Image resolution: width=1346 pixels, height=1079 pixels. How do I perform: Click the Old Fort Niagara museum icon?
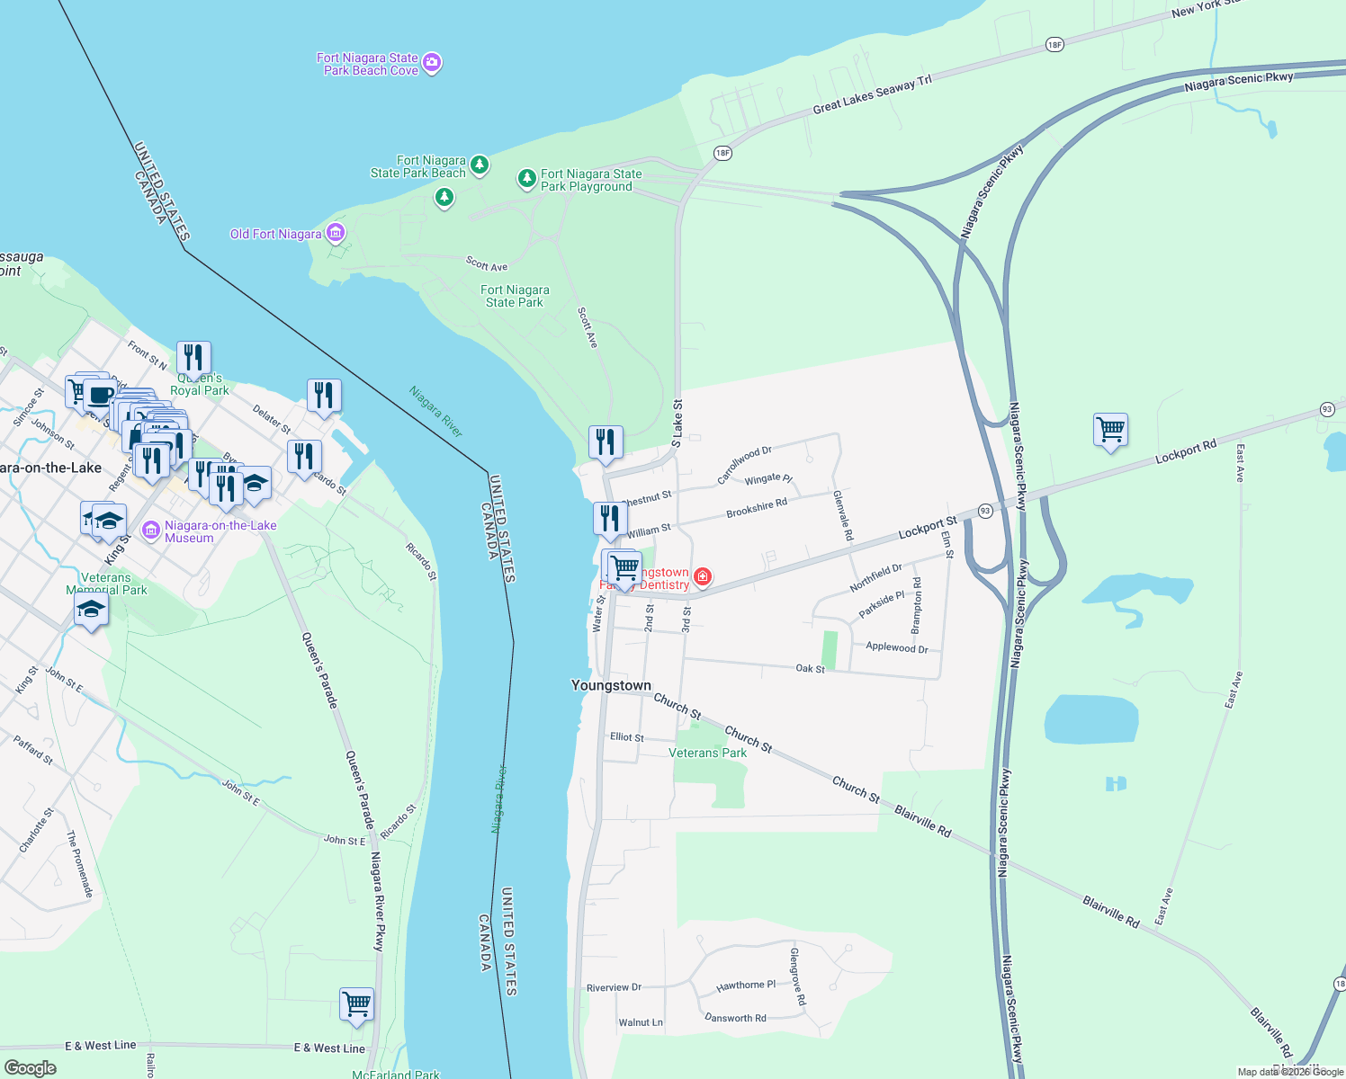[336, 234]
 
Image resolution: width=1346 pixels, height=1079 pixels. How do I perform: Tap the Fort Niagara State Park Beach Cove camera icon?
[432, 63]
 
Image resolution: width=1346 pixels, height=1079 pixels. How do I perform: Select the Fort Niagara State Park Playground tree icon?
[527, 179]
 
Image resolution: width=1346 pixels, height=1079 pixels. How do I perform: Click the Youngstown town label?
[611, 685]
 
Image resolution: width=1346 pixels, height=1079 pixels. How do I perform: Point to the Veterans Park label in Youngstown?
[707, 753]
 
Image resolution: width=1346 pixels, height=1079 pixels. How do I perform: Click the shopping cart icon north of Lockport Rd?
[1110, 430]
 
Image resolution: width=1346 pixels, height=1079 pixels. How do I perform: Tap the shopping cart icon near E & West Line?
[356, 1003]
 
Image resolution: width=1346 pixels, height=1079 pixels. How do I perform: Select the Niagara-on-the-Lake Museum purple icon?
[151, 531]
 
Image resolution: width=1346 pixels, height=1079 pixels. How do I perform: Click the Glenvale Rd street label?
[842, 515]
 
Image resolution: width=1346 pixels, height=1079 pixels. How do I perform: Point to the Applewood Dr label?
[896, 647]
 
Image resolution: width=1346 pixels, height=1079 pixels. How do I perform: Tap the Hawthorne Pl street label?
[746, 985]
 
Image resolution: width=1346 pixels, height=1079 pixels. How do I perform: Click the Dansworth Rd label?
[735, 1018]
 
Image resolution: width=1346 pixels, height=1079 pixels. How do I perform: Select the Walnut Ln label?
[641, 1022]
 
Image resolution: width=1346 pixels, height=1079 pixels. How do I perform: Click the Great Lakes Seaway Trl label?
[872, 94]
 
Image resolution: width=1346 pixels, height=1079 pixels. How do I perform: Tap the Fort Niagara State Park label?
[515, 296]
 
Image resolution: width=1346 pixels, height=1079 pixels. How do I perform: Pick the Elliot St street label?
[627, 737]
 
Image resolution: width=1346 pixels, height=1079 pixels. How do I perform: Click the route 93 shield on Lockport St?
[985, 511]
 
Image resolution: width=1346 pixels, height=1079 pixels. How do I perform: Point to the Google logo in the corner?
[30, 1067]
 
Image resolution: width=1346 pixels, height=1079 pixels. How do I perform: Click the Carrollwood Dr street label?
[744, 465]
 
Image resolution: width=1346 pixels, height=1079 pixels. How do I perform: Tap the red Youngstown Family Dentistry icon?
[703, 576]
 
